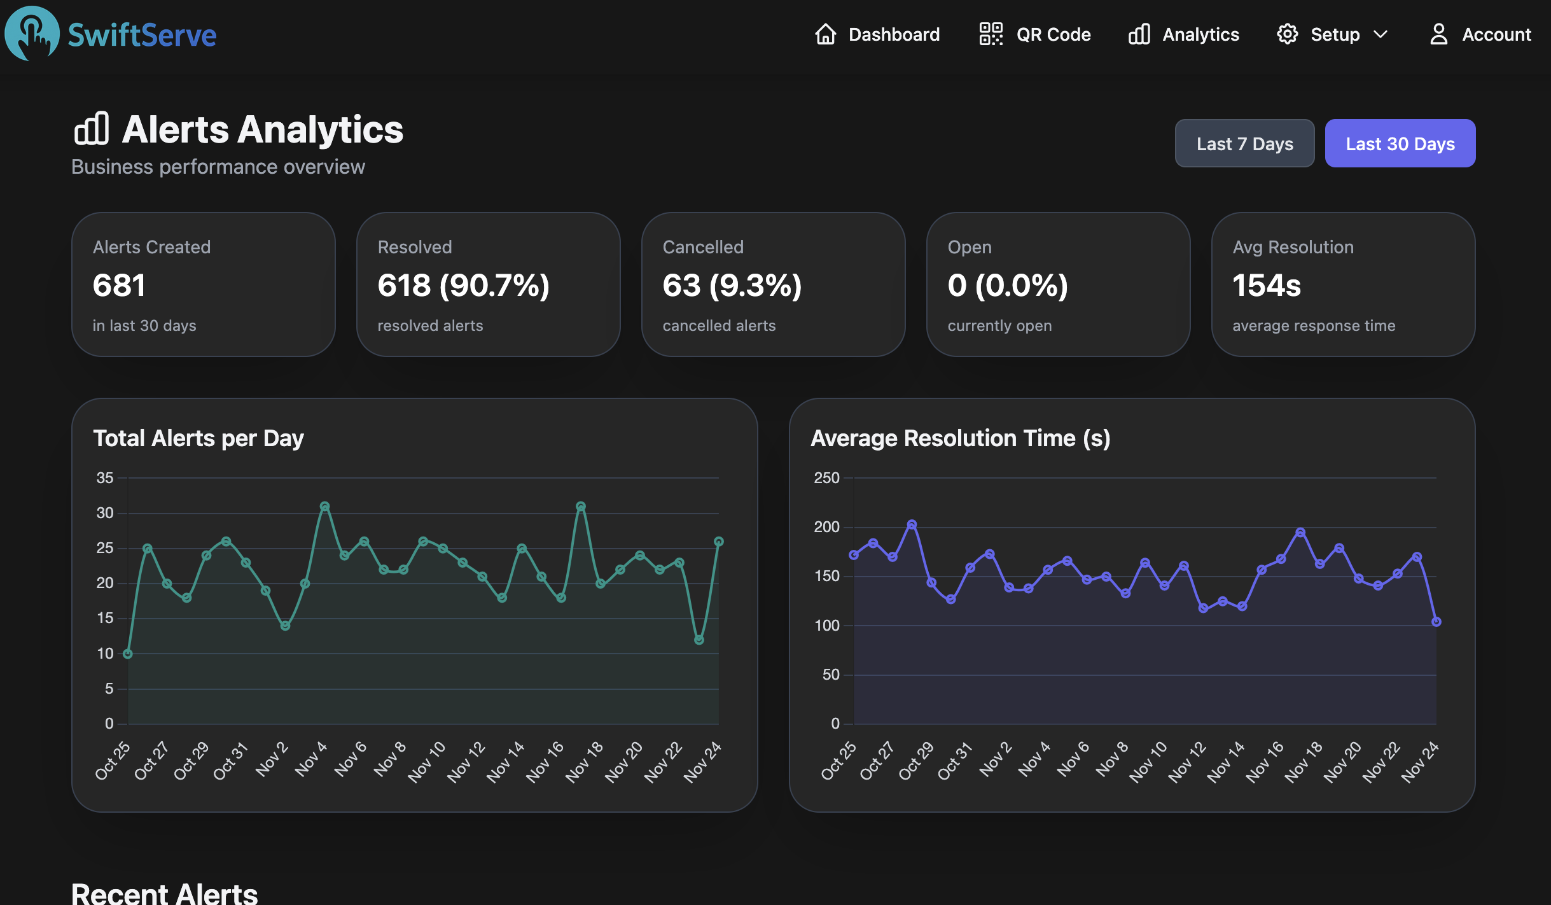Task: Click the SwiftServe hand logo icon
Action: [32, 33]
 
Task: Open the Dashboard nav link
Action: [877, 34]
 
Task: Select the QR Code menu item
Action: [1035, 34]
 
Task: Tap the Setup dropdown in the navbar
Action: [1332, 34]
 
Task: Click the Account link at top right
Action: [1480, 34]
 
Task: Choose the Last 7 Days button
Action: [1244, 144]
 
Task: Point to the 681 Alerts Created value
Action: [120, 285]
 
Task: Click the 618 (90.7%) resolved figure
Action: [463, 285]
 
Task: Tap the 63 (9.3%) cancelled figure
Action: [732, 285]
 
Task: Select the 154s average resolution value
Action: [1267, 285]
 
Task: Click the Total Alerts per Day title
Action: [198, 438]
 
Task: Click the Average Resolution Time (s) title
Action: [961, 438]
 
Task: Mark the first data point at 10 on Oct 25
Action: [128, 654]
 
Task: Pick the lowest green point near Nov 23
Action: [699, 640]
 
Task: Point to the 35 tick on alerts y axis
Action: [105, 478]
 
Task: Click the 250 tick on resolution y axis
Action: [826, 478]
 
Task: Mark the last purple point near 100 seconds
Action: [1436, 622]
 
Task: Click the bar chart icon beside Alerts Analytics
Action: [92, 129]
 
